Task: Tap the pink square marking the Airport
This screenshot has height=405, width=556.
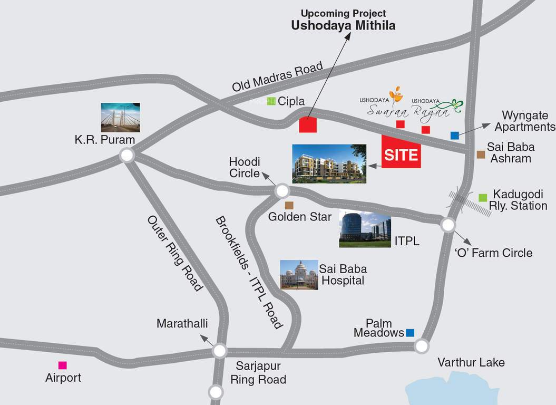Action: tap(63, 365)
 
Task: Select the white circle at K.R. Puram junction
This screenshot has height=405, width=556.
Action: tap(126, 155)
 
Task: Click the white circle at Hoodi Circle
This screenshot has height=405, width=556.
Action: tap(282, 191)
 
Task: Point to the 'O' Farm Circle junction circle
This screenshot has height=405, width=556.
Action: tap(447, 225)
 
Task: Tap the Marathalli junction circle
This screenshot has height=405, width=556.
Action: tap(219, 350)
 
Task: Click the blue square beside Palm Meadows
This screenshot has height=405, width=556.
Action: tap(410, 333)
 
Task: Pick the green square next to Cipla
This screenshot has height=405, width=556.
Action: tap(271, 101)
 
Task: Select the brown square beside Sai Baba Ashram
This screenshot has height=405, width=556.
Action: tap(480, 155)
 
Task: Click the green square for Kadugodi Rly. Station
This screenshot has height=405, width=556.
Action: tap(483, 198)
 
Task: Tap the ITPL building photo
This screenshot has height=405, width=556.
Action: tap(365, 230)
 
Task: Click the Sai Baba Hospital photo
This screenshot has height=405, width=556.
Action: tap(299, 275)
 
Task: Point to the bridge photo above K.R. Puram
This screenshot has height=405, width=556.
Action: tap(121, 117)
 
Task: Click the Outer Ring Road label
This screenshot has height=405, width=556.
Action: tap(175, 253)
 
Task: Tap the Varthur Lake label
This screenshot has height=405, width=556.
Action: tap(471, 362)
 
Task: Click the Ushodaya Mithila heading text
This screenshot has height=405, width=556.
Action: tap(344, 25)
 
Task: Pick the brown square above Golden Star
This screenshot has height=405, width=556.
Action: tap(289, 205)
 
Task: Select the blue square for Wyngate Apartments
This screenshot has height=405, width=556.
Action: tap(454, 136)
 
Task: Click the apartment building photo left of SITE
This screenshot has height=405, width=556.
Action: tap(329, 163)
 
